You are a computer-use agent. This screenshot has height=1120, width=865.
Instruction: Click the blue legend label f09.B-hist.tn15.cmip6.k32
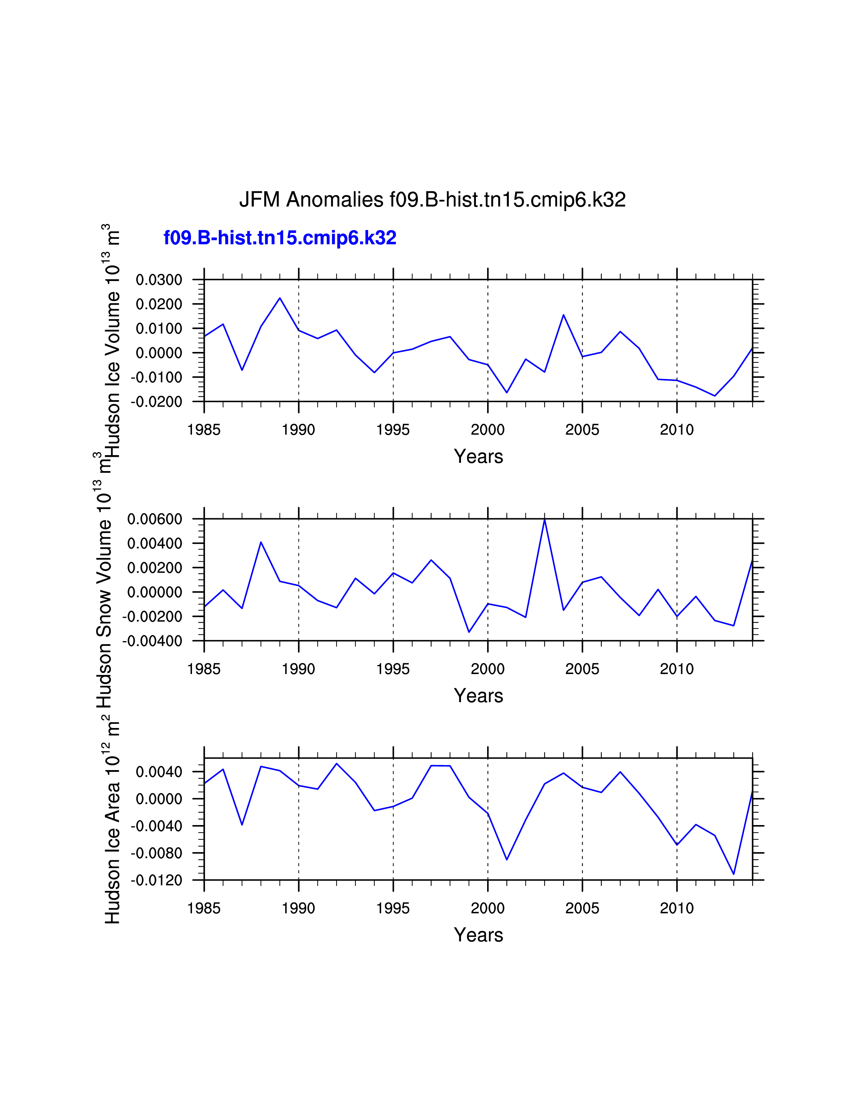tap(280, 238)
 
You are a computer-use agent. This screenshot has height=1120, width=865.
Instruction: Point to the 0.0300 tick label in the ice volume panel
tap(159, 280)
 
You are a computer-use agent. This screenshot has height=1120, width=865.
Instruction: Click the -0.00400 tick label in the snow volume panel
tap(152, 641)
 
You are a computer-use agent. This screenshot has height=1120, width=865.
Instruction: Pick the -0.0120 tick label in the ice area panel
tap(156, 880)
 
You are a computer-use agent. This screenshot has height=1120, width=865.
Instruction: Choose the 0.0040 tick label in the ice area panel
tap(159, 772)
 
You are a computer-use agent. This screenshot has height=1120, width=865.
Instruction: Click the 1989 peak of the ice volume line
tap(280, 298)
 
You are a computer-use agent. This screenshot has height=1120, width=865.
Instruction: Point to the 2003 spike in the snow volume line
tap(545, 520)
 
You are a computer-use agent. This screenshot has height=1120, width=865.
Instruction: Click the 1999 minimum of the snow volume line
tap(469, 632)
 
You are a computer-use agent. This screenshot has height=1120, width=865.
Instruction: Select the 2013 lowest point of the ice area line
tap(734, 874)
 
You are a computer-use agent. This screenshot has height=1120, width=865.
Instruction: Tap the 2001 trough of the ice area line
tap(507, 859)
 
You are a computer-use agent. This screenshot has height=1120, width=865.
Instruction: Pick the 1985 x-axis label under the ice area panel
tap(204, 908)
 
